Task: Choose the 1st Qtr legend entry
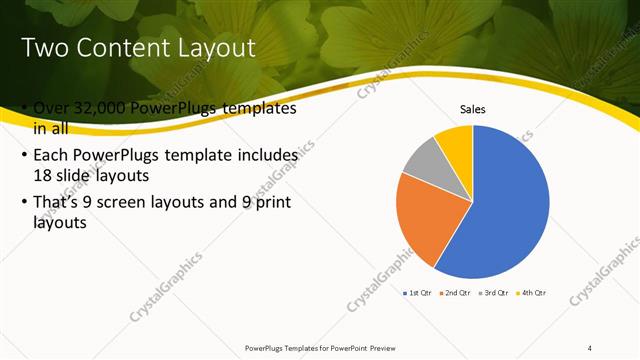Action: pos(417,293)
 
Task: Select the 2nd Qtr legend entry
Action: pos(458,293)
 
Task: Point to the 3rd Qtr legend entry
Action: pos(496,293)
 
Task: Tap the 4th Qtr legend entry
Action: pos(534,293)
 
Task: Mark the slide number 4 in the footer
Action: pos(591,347)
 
